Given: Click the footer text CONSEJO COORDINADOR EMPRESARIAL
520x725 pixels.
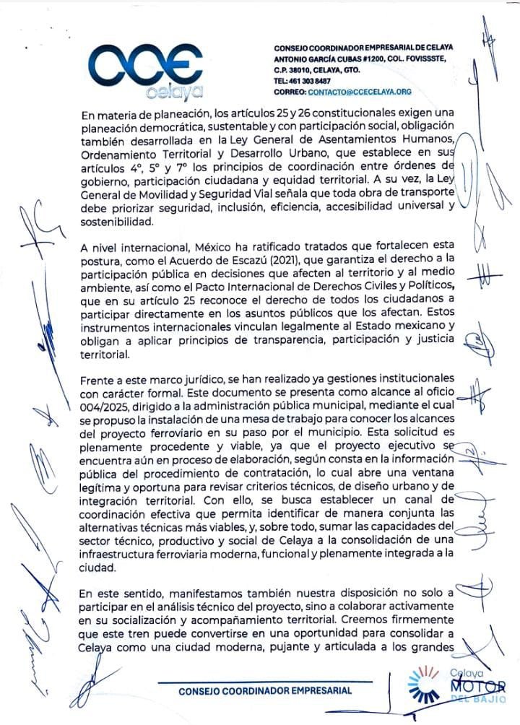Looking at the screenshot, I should pyautogui.click(x=266, y=690).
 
